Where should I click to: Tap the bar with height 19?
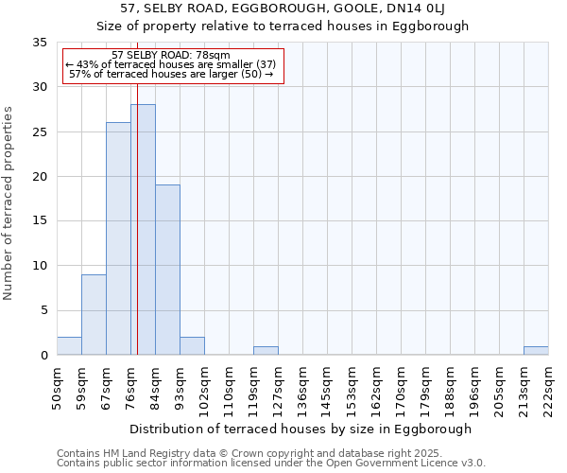167,270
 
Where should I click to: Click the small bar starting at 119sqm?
266,350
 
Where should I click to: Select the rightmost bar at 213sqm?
536,350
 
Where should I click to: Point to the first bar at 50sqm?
69,346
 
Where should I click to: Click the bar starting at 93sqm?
192,346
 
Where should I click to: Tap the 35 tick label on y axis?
39,43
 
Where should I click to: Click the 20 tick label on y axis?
39,177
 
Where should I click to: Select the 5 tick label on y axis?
43,311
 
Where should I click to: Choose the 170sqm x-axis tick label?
401,389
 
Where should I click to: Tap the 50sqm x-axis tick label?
57,389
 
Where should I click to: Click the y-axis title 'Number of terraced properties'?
9,202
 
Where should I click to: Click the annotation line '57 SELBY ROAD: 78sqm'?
170,56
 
